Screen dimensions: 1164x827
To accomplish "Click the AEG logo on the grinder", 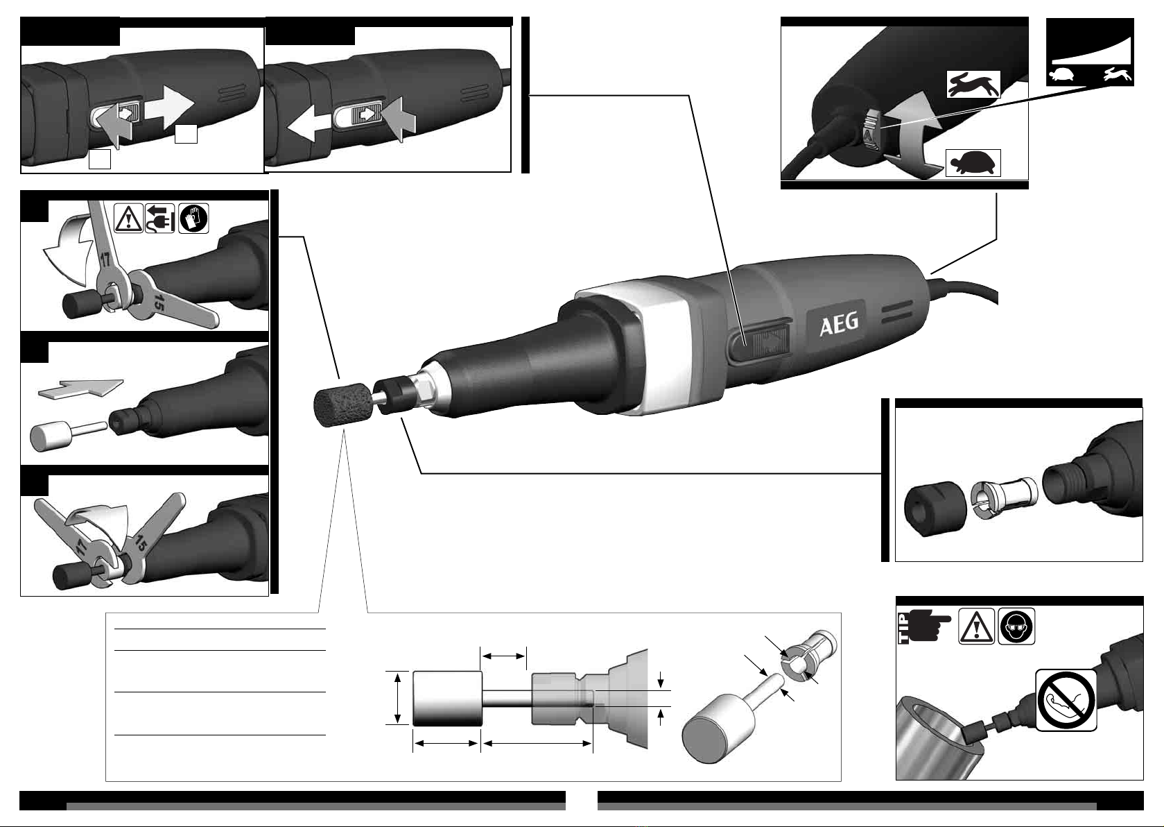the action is coord(840,325).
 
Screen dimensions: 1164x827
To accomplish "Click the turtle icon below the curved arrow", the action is coord(973,163).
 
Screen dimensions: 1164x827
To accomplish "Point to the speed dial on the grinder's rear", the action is coord(871,131).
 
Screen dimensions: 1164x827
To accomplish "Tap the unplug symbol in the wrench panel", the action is coord(159,218).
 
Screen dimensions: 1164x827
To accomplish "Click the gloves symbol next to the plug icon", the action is coord(193,218).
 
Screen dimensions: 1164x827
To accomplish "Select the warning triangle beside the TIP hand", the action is coord(976,626).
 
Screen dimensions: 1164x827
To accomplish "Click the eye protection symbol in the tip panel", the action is coord(1016,626).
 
